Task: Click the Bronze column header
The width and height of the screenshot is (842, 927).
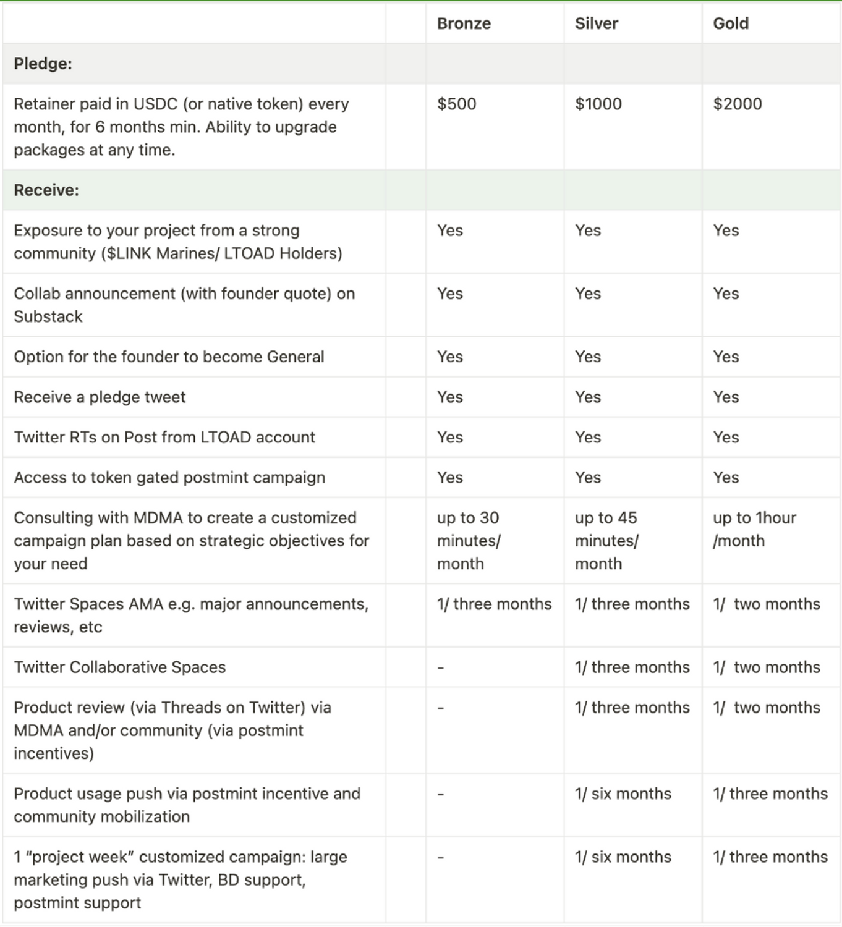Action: [x=464, y=23]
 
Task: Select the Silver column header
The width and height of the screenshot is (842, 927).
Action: [x=596, y=23]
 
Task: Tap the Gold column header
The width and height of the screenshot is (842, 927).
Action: [x=731, y=23]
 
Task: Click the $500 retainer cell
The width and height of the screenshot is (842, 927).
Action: [x=456, y=104]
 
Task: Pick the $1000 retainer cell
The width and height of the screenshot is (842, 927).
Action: [x=598, y=104]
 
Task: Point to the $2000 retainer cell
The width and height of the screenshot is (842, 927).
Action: [x=737, y=104]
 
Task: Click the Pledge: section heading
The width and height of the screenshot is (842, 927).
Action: [x=43, y=64]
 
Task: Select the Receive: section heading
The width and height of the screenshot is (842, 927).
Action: [x=46, y=190]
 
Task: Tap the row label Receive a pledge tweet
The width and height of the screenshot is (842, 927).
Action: [x=100, y=397]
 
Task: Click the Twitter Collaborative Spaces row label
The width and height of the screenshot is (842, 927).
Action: [x=119, y=667]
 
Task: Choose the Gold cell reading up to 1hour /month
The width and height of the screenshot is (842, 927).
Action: [x=754, y=529]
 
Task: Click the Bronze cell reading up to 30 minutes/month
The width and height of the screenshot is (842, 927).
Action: [x=468, y=541]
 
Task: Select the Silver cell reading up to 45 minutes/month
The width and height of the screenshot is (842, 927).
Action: [x=606, y=541]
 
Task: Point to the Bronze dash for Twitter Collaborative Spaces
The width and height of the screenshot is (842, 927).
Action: [x=440, y=668]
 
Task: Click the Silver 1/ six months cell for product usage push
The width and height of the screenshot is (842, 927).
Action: [x=623, y=794]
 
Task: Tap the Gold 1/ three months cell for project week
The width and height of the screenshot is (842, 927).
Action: [x=770, y=857]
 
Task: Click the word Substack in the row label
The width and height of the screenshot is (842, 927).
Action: [x=48, y=316]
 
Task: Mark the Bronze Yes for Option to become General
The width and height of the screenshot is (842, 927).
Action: [x=449, y=357]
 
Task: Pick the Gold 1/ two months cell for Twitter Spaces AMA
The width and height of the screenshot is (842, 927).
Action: [x=767, y=604]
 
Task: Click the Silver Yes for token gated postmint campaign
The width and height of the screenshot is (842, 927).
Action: [x=587, y=477]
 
